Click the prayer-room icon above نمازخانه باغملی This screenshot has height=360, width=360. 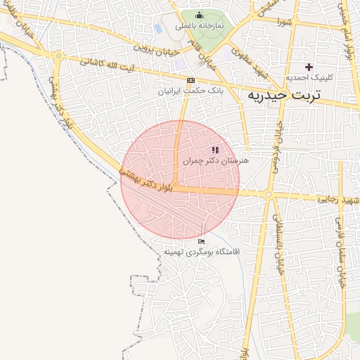click(199, 15)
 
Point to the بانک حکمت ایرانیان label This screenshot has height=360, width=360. click(189, 91)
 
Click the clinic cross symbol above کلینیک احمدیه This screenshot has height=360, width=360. click(309, 66)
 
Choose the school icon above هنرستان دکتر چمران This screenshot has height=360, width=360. click(215, 150)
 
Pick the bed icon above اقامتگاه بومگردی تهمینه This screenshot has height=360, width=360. click(201, 242)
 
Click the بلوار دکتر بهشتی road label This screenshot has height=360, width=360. click(147, 180)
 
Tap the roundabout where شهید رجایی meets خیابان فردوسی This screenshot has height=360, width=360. click(269, 195)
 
